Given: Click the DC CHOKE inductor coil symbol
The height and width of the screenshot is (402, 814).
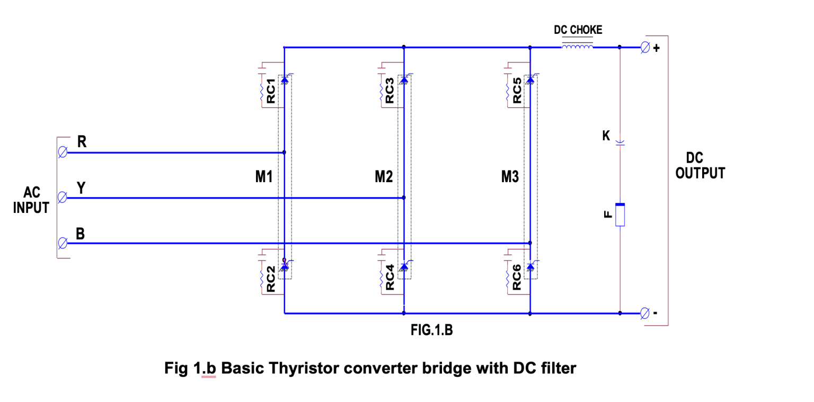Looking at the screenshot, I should (x=577, y=47).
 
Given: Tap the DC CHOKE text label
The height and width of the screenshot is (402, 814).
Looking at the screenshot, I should (x=578, y=30).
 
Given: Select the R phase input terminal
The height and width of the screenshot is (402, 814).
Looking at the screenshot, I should (x=63, y=153).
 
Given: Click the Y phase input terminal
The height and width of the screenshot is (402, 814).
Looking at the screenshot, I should (x=63, y=198).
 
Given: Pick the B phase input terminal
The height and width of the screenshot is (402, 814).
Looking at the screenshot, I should (x=63, y=243).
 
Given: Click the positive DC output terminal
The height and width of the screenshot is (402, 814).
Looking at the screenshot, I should (x=644, y=48).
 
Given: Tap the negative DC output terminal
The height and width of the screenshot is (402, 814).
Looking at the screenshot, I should (x=644, y=313).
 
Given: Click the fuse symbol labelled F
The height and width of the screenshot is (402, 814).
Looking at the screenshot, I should (x=620, y=215).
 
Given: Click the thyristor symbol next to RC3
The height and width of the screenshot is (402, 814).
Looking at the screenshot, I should (x=404, y=80).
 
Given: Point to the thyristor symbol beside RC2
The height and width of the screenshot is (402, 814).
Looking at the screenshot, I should (x=285, y=267).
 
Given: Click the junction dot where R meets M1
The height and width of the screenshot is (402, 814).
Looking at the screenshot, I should (x=285, y=153).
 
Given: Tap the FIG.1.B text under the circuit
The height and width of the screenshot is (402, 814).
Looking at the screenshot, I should (x=431, y=331).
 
